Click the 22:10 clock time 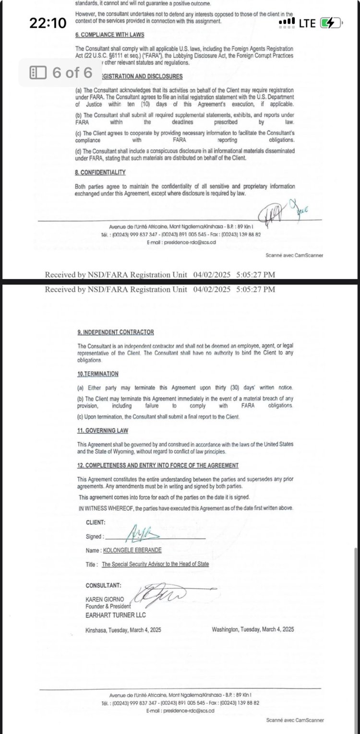click(48, 23)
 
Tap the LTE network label click(307, 23)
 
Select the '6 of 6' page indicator click(61, 72)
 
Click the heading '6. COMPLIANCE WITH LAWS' click(109, 35)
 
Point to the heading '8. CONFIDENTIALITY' click(100, 172)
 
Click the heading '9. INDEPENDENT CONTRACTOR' click(115, 332)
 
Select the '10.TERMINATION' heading click(98, 374)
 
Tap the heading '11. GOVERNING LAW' click(103, 431)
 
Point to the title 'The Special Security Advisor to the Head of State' click(155, 564)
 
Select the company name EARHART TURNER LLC click(115, 615)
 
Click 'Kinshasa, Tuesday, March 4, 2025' click(123, 629)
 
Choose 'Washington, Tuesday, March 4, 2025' click(252, 629)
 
